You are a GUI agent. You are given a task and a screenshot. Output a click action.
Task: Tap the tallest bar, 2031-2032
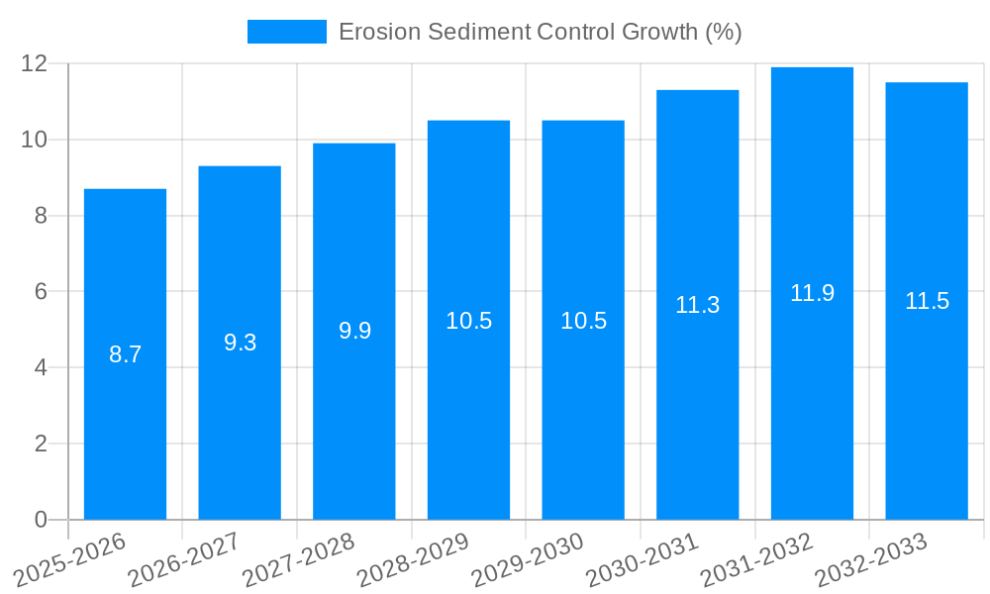tap(812, 396)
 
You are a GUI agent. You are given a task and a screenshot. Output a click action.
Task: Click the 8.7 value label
tap(125, 354)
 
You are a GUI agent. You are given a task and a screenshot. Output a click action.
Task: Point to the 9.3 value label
tap(240, 343)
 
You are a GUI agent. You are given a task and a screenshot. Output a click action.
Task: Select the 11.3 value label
tap(697, 305)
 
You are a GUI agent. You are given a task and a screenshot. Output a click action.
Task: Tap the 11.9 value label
tap(812, 293)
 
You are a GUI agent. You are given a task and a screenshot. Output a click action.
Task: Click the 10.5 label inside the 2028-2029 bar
tap(468, 321)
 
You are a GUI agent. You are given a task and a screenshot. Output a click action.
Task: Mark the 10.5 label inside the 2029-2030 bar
tap(583, 321)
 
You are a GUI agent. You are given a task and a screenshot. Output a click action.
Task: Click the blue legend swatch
tap(286, 32)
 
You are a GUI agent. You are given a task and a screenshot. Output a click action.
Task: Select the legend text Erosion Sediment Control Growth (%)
tap(540, 32)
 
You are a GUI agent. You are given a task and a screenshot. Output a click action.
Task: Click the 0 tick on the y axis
tap(41, 520)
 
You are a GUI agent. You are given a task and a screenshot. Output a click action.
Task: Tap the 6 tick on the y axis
tap(41, 292)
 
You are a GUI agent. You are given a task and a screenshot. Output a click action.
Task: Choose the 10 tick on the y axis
tap(35, 140)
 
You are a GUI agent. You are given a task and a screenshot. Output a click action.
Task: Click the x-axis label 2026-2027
tap(183, 560)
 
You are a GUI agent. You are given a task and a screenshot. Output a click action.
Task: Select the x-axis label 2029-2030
tap(527, 560)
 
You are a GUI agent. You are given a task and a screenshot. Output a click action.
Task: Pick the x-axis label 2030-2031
tap(642, 560)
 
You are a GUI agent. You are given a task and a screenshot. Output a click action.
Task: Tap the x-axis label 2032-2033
tap(870, 560)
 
